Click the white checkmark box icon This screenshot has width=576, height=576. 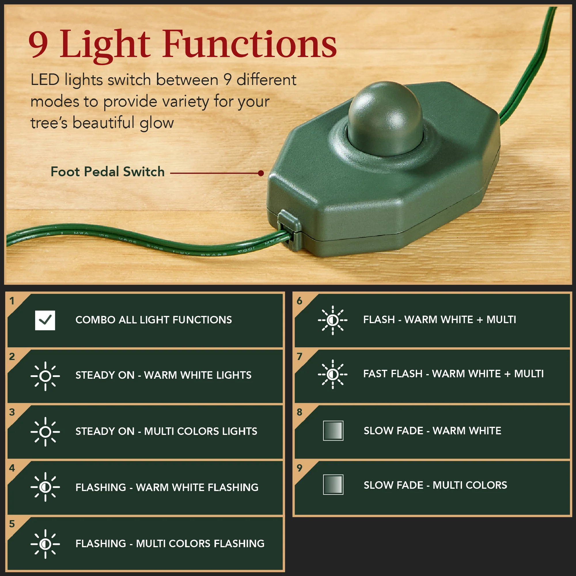coord(45,320)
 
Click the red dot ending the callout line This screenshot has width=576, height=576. coord(261,173)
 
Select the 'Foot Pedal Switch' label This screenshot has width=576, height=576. coord(108,172)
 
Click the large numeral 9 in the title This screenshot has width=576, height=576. coord(38,45)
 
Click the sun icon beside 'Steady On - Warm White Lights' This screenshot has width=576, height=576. coord(45,376)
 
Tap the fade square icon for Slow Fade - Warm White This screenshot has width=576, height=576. coord(333,431)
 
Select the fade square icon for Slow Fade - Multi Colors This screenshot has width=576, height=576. coord(333,484)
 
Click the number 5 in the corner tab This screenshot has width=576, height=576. coord(12,524)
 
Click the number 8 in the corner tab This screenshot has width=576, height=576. coord(299,412)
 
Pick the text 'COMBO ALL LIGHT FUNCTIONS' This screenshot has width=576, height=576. coord(154,320)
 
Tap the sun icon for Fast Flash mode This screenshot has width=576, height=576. coord(333,374)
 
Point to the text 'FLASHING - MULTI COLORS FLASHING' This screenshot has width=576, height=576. coord(170,543)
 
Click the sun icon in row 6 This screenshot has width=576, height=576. coord(333,320)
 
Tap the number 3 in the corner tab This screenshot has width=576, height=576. coord(12,412)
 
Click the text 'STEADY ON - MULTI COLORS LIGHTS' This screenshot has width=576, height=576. coord(166,431)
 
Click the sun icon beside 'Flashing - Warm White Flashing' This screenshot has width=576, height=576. coord(45,487)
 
